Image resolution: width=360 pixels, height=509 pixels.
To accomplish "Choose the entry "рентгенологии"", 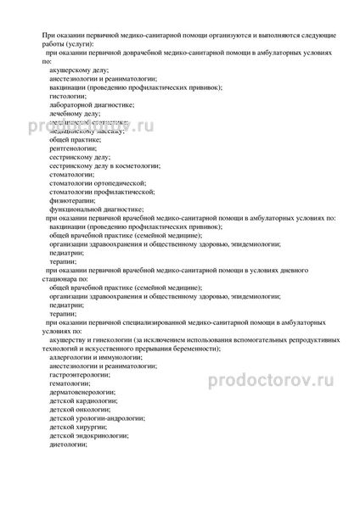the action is tap(76, 151).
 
